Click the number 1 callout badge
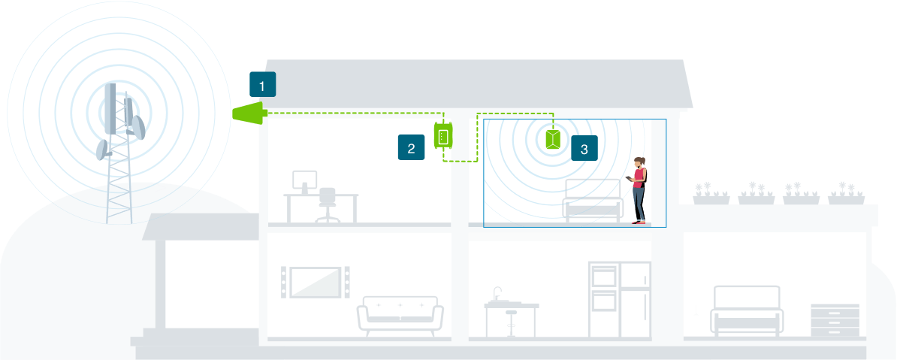tap(262, 85)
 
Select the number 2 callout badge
tap(411, 148)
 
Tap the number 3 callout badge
tap(584, 148)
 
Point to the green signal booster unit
tap(442, 136)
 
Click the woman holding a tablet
tap(639, 189)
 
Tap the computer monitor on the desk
tap(305, 180)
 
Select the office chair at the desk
tap(328, 205)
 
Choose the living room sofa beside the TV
tap(400, 315)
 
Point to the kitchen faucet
tap(497, 293)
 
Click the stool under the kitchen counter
tap(512, 322)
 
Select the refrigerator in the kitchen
tap(636, 298)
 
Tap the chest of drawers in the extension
tap(835, 320)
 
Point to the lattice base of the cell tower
tap(118, 188)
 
